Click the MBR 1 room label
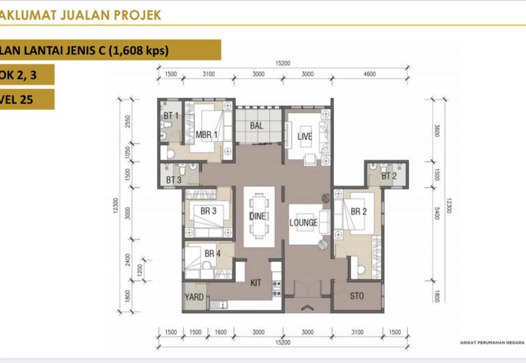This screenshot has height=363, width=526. (206, 135)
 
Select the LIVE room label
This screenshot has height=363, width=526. (304, 136)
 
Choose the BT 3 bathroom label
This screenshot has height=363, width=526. (174, 180)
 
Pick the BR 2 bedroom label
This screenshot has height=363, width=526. (358, 212)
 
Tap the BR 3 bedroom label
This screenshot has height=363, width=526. (209, 211)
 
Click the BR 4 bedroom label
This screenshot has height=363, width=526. (212, 253)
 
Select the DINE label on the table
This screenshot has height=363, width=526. (256, 216)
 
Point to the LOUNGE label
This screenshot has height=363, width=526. (304, 222)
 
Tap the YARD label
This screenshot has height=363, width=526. (194, 297)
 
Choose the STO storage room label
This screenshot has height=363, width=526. (357, 296)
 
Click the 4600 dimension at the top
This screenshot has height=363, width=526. (369, 74)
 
